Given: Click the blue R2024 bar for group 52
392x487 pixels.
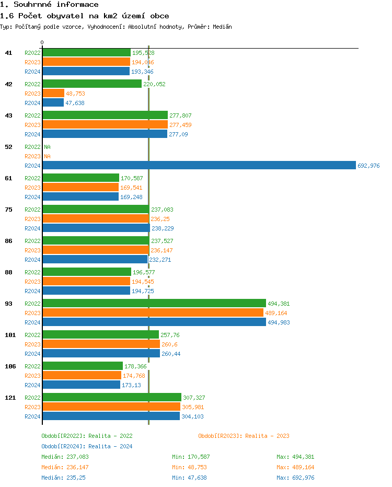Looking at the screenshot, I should pyautogui.click(x=199, y=166).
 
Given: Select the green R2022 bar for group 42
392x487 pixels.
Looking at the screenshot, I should pyautogui.click(x=92, y=84).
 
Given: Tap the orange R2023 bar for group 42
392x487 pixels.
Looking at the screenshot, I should pyautogui.click(x=53, y=94).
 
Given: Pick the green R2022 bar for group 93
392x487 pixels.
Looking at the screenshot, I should pyautogui.click(x=154, y=304).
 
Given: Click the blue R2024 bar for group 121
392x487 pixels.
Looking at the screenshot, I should pyautogui.click(x=111, y=416).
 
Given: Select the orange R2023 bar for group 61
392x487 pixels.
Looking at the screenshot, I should pyautogui.click(x=80, y=188).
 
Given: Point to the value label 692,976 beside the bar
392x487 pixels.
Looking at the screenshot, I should pyautogui.click(x=368, y=166).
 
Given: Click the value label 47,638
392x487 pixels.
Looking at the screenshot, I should pyautogui.click(x=75, y=103).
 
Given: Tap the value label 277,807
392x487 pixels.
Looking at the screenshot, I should pyautogui.click(x=180, y=115).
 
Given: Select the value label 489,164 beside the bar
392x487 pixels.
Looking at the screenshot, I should pyautogui.click(x=276, y=313).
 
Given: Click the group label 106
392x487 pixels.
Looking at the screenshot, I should pyautogui.click(x=10, y=366).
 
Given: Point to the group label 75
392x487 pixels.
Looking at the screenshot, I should pyautogui.click(x=8, y=210).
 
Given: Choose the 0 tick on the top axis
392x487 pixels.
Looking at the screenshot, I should pyautogui.click(x=42, y=42).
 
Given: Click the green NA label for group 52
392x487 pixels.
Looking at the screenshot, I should pyautogui.click(x=47, y=147).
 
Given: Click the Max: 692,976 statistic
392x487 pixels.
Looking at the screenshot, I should pyautogui.click(x=295, y=478).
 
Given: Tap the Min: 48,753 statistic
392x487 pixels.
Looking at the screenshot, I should pyautogui.click(x=191, y=467).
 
